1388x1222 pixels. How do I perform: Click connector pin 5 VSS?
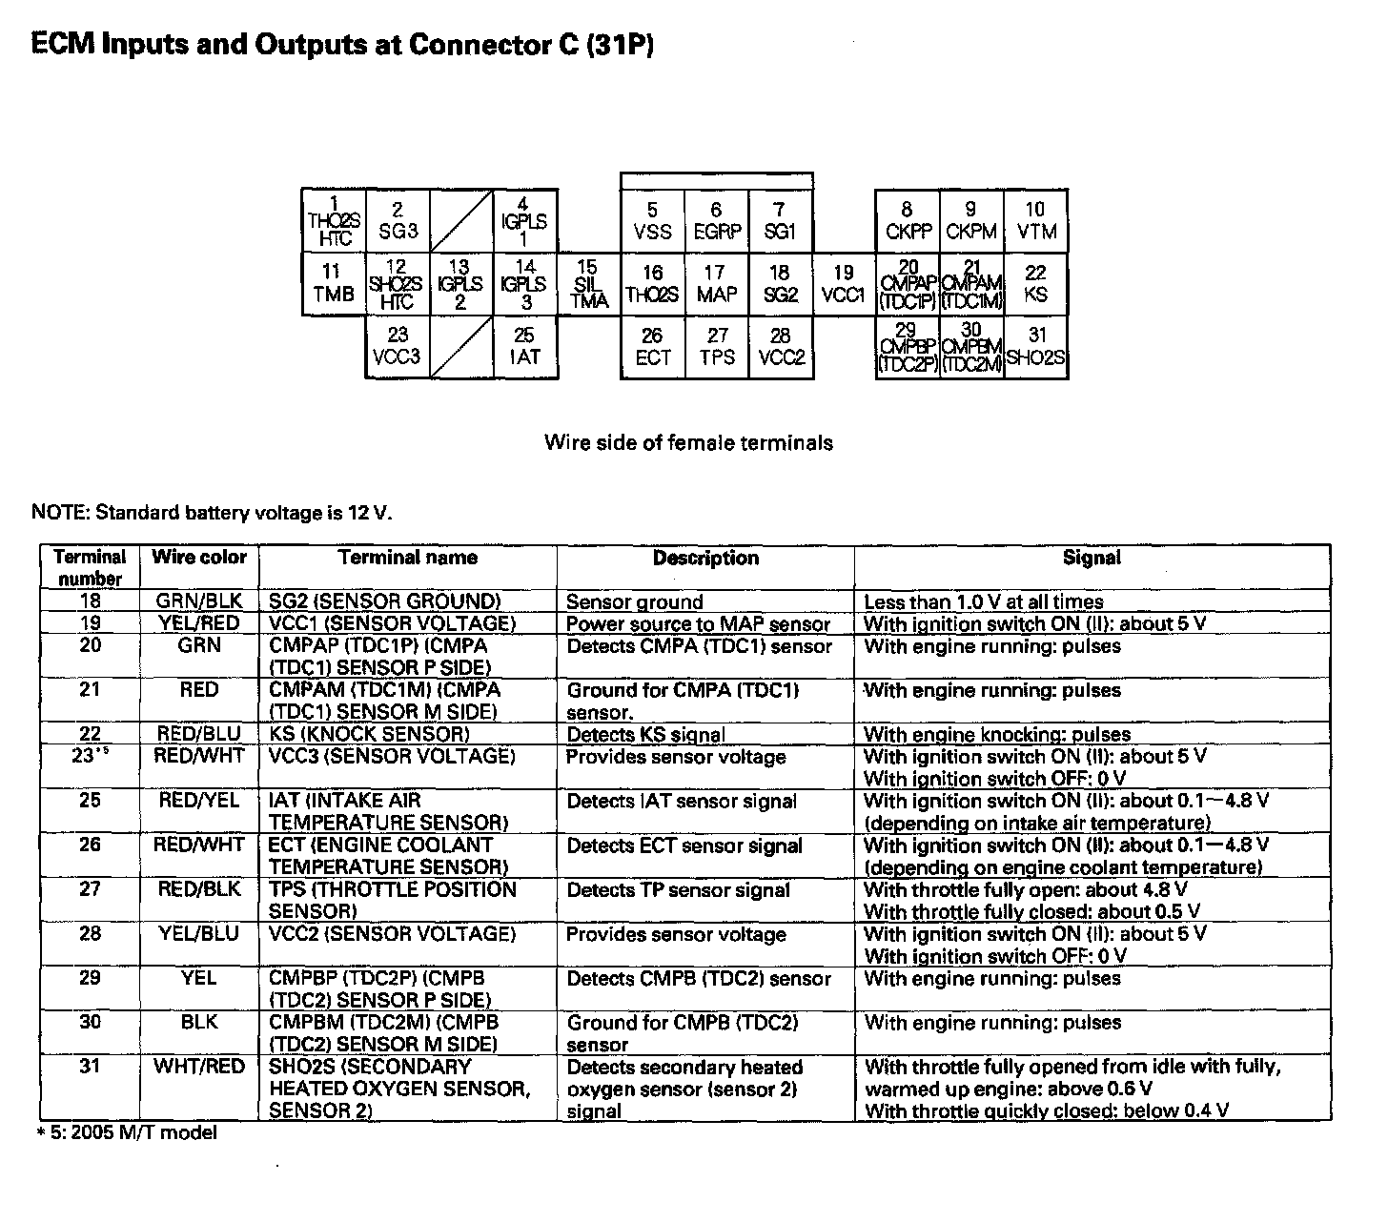(652, 221)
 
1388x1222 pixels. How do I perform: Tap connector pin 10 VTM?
(1035, 221)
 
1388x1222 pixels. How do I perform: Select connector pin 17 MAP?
(716, 284)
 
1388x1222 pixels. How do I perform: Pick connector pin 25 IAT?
(524, 347)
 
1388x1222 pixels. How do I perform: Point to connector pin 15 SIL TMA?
(588, 284)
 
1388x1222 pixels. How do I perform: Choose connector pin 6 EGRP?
(716, 221)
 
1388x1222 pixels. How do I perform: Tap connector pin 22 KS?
(1035, 284)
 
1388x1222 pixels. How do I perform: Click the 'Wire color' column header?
(199, 558)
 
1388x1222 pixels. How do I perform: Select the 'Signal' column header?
(1092, 559)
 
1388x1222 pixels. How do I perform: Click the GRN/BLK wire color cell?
(199, 601)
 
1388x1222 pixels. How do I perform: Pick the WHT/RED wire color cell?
(199, 1067)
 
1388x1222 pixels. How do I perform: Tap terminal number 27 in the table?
(90, 889)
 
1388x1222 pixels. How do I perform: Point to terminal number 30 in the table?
(90, 1023)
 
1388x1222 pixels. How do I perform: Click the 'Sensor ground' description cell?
(634, 602)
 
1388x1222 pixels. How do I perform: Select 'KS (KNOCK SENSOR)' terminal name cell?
(370, 734)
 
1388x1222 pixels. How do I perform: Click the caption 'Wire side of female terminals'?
(688, 442)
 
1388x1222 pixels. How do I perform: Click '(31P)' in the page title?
(621, 45)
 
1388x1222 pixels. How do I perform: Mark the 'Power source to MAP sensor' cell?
(698, 624)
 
